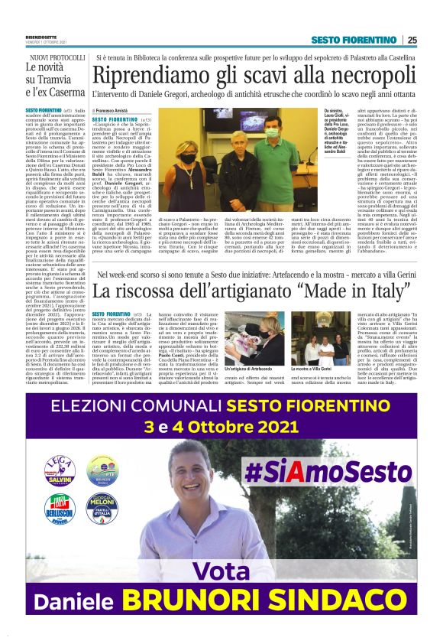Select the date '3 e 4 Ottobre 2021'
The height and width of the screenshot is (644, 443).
[x=221, y=422]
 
